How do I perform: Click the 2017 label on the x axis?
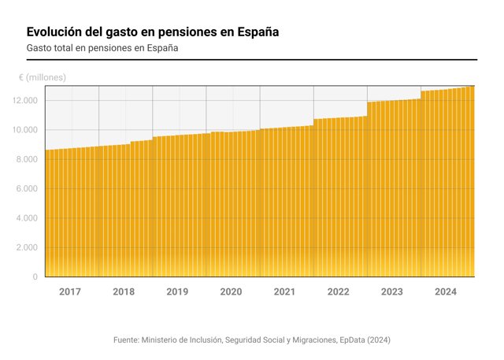[x=70, y=291]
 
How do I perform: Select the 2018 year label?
[x=124, y=291]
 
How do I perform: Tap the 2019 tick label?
[x=177, y=291]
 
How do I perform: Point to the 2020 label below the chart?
[x=231, y=291]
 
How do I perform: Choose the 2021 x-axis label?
[x=284, y=291]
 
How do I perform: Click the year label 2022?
[x=338, y=291]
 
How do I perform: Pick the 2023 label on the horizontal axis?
[x=392, y=291]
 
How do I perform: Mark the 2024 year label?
[x=446, y=291]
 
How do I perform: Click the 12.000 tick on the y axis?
[x=25, y=101]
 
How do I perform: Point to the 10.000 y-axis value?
[x=25, y=130]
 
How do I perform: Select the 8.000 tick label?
[x=27, y=159]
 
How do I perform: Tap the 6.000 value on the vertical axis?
[x=27, y=189]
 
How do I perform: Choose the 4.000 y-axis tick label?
[x=27, y=218]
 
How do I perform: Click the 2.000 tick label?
[x=27, y=247]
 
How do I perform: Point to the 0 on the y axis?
[x=35, y=276]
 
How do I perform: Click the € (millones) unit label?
[x=43, y=77]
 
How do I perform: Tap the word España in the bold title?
[x=258, y=32]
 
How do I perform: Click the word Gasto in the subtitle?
[x=39, y=48]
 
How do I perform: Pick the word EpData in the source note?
[x=352, y=340]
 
